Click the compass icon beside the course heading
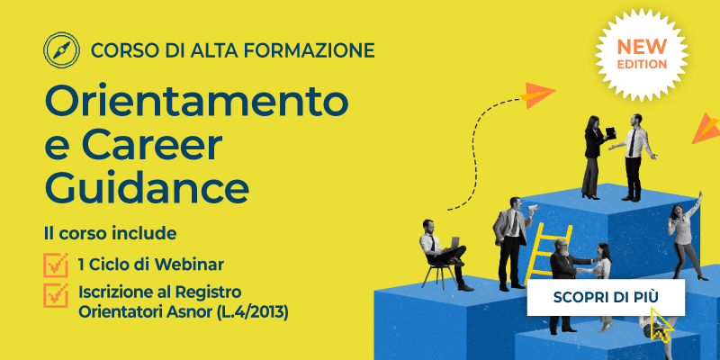click(x=61, y=49)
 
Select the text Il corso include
click(x=110, y=234)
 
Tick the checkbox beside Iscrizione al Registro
click(x=56, y=295)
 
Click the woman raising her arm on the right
click(x=682, y=229)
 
